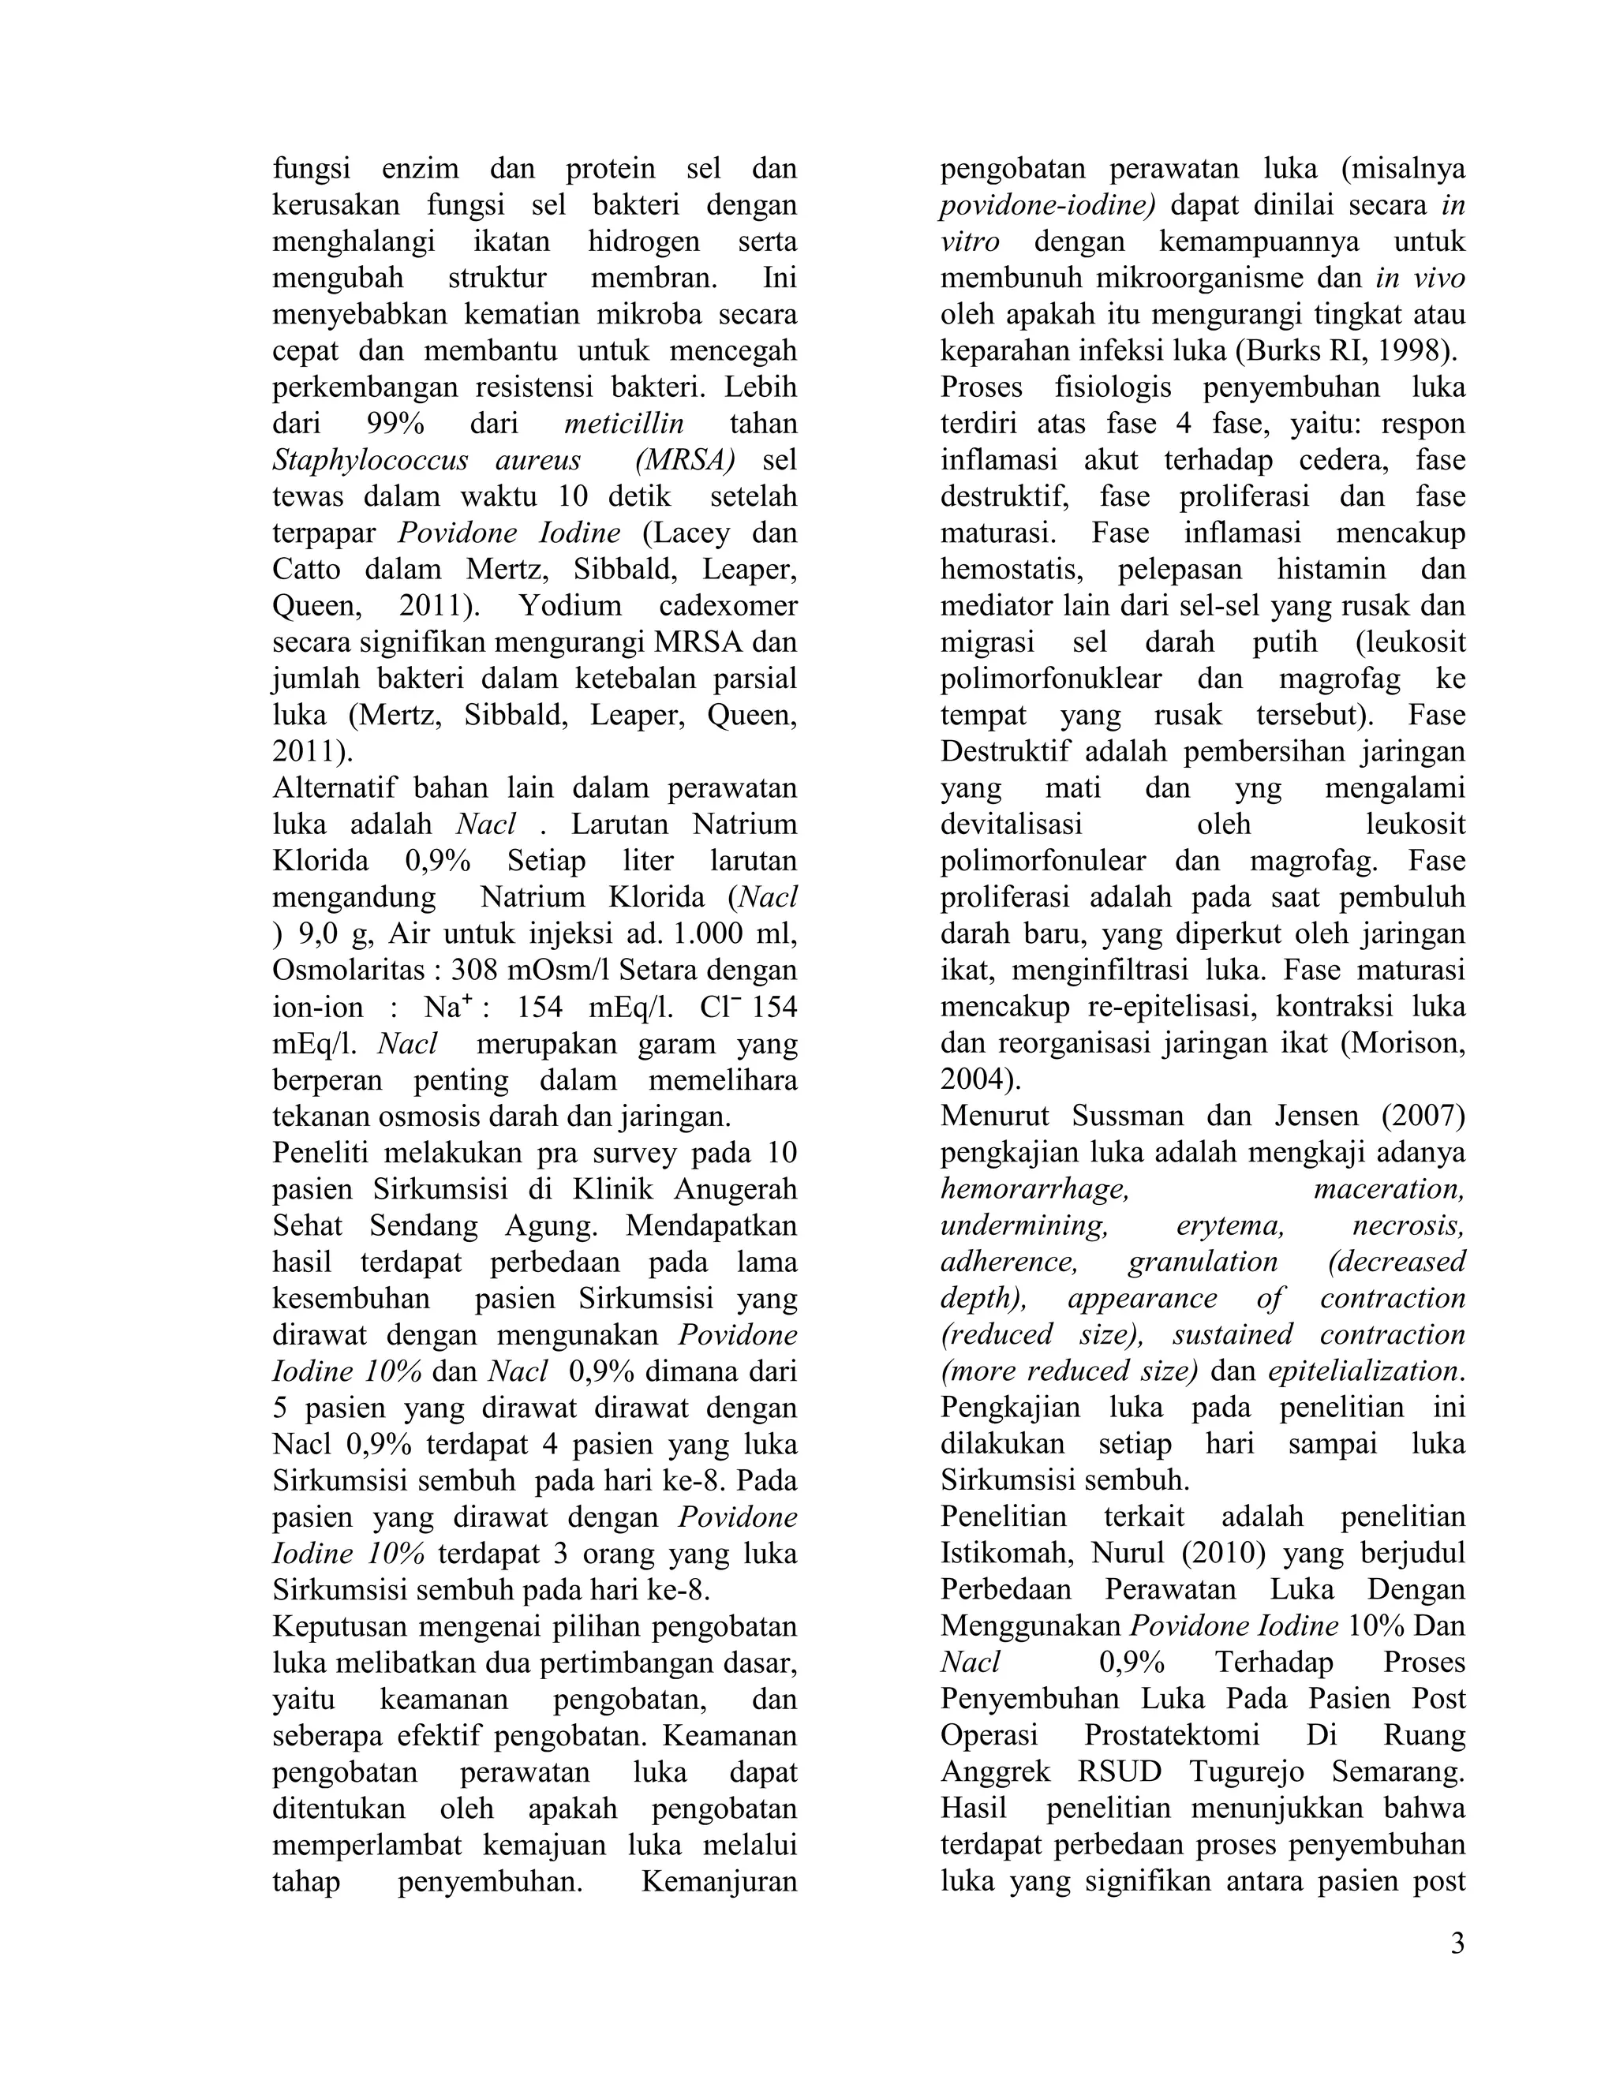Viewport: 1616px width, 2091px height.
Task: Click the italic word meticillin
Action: click(624, 423)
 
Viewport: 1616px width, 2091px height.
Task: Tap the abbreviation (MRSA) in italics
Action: click(684, 459)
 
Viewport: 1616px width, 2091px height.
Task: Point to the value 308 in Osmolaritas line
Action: click(476, 970)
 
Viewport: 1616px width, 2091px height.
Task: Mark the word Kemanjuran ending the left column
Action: click(719, 1880)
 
